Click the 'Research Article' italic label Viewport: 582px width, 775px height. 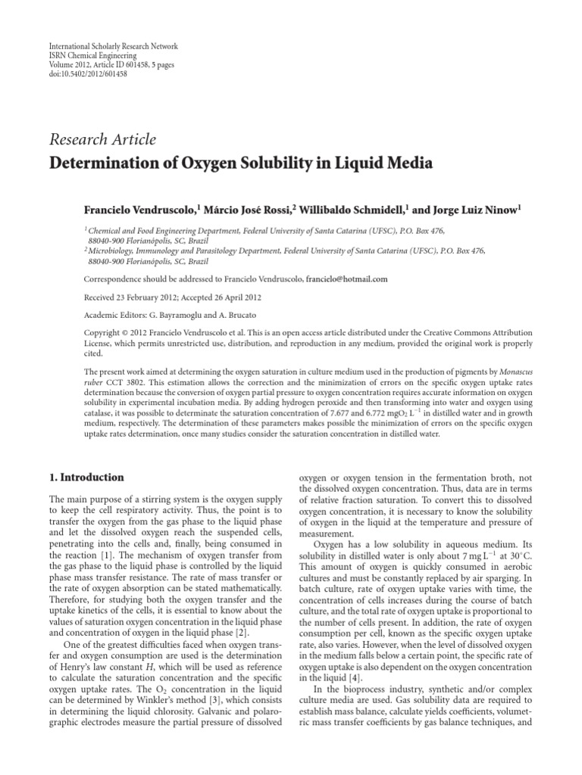click(102, 139)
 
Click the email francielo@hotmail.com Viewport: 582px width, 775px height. click(346, 279)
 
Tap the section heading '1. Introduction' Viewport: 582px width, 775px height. click(86, 478)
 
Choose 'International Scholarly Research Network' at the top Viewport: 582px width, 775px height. click(102, 47)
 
